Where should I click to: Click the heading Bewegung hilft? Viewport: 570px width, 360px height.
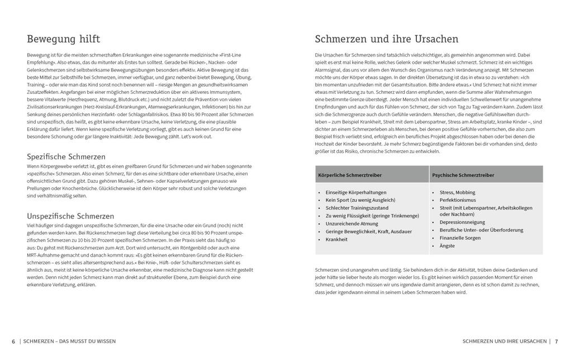[64, 39]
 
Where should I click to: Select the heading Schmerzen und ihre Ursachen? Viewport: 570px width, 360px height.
[387, 39]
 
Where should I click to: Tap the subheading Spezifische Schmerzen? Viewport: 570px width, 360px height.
[66, 157]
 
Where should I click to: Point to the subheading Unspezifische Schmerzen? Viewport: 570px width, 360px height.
[70, 216]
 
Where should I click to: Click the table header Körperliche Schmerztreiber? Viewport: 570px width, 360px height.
[350, 175]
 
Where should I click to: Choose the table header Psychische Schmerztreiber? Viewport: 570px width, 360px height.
[463, 175]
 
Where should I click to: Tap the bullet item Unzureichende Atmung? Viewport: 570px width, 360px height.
[352, 224]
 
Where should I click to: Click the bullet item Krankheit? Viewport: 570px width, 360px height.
[336, 239]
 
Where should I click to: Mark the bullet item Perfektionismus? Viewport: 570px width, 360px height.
[458, 200]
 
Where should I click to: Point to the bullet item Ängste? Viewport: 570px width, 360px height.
[447, 245]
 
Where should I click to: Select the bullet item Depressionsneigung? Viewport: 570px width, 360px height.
[462, 222]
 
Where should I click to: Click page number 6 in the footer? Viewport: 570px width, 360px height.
[13, 341]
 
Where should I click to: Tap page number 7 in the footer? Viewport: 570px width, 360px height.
[557, 341]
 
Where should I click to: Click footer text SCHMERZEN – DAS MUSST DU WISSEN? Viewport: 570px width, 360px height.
[70, 341]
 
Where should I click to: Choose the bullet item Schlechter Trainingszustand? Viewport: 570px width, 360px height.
[358, 208]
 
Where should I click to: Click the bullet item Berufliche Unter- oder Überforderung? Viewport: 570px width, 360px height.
[481, 230]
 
